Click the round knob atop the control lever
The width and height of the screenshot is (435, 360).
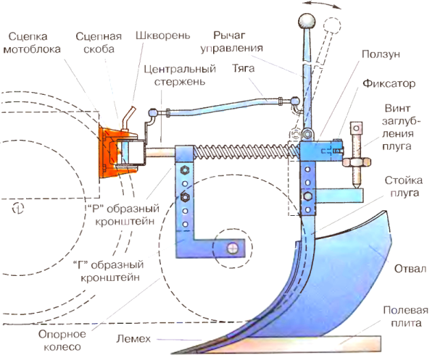pyautogui.click(x=307, y=20)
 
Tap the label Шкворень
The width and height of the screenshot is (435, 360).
pyautogui.click(x=163, y=35)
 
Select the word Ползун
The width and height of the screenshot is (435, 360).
pyautogui.click(x=381, y=54)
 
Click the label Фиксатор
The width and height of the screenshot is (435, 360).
pyautogui.click(x=389, y=83)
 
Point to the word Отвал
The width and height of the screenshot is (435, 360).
pyautogui.click(x=410, y=269)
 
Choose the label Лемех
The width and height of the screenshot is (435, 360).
pyautogui.click(x=133, y=339)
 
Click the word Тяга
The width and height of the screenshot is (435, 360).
pyautogui.click(x=244, y=68)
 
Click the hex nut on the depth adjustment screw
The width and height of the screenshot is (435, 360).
pyautogui.click(x=356, y=162)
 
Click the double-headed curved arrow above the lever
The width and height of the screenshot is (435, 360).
pyautogui.click(x=321, y=4)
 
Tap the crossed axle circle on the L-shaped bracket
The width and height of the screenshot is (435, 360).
pyautogui.click(x=233, y=248)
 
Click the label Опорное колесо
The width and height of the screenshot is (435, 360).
pyautogui.click(x=62, y=340)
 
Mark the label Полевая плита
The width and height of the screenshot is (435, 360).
pyautogui.click(x=405, y=317)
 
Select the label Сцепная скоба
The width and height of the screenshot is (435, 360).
pyautogui.click(x=99, y=43)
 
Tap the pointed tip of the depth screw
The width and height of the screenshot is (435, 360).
pyautogui.click(x=356, y=187)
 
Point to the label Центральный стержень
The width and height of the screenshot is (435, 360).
pyautogui.click(x=180, y=75)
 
